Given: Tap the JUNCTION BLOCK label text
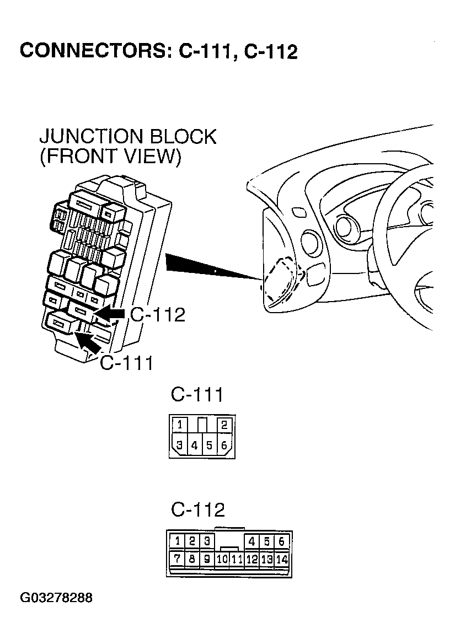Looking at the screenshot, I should (128, 136).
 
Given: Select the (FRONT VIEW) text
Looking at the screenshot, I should (110, 157).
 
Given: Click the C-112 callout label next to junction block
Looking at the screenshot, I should (157, 314).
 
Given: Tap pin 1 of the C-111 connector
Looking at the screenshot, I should (180, 425).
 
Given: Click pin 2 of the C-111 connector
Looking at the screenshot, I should (224, 425).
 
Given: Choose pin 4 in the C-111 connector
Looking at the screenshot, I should (194, 445).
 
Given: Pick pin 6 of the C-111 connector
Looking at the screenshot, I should (224, 445).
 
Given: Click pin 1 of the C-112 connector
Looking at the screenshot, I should (177, 541).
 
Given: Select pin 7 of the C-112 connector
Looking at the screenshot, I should (177, 559).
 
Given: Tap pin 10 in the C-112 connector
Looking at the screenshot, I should (222, 559).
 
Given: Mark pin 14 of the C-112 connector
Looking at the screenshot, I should (282, 559).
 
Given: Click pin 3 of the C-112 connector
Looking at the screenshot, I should (207, 541).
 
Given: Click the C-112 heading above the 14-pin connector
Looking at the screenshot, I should (197, 509).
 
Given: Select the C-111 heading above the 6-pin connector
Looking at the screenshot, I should (197, 395).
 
